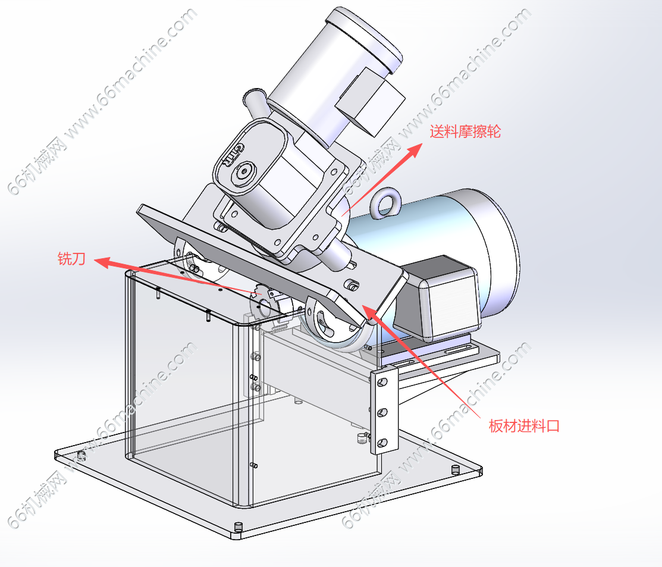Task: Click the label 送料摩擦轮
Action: pyautogui.click(x=465, y=132)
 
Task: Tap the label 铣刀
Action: pyautogui.click(x=71, y=259)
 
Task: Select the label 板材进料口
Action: pyautogui.click(x=524, y=426)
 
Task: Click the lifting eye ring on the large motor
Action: pyautogui.click(x=387, y=203)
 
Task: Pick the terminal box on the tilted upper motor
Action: pyautogui.click(x=370, y=101)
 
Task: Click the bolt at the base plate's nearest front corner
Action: pyautogui.click(x=239, y=527)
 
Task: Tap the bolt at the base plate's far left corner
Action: pyautogui.click(x=81, y=456)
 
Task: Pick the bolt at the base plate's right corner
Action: pyautogui.click(x=456, y=469)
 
